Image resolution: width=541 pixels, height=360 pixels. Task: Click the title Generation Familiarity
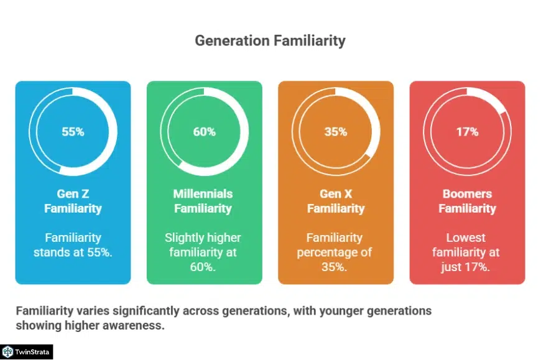(270, 42)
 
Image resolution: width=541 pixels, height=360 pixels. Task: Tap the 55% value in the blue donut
(73, 132)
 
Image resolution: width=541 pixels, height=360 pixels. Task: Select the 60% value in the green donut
(204, 132)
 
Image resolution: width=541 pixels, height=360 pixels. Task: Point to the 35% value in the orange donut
(335, 132)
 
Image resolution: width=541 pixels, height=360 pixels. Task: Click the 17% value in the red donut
(467, 132)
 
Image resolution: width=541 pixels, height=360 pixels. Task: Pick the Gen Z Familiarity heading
(73, 201)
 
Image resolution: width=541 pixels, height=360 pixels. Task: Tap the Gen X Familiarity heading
(336, 201)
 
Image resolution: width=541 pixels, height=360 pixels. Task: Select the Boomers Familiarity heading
(467, 201)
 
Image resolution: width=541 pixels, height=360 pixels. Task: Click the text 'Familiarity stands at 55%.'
(73, 245)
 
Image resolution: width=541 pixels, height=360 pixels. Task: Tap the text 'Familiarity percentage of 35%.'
(336, 252)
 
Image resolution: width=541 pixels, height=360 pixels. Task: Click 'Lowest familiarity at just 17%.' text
(467, 252)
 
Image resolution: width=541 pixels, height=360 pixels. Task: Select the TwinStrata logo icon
(8, 352)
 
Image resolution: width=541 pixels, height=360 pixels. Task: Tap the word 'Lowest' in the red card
(466, 238)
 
